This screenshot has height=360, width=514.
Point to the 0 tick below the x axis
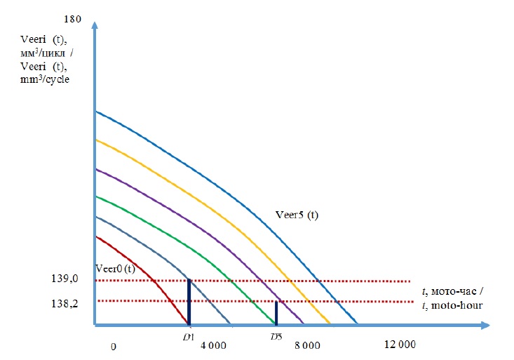point(113,345)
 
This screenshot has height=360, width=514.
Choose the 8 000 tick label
point(306,345)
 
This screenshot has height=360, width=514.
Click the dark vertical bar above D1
point(189,302)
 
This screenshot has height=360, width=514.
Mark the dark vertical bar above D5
point(276,313)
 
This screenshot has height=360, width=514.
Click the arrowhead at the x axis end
point(483,326)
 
